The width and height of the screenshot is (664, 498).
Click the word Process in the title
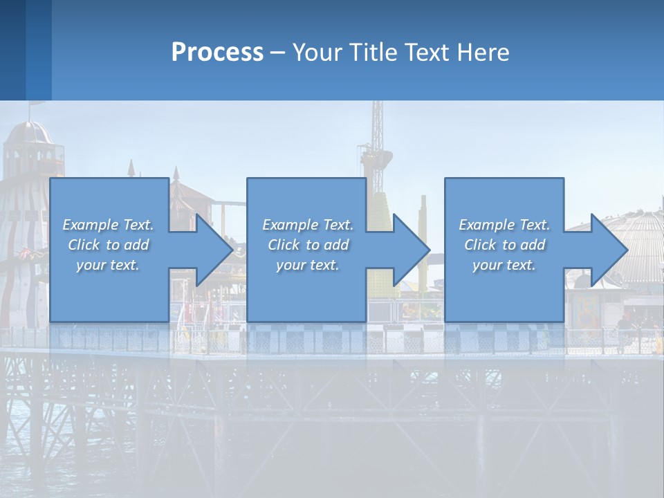(x=217, y=52)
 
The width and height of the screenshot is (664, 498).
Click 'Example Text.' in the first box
(x=109, y=225)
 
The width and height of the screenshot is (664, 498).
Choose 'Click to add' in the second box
(x=308, y=245)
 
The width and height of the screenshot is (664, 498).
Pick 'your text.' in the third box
(x=504, y=265)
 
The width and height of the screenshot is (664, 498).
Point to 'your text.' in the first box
(x=109, y=265)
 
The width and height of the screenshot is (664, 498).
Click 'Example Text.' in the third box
(x=504, y=225)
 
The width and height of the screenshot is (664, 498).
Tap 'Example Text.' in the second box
(x=308, y=225)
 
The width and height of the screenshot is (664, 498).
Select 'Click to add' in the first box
(x=109, y=245)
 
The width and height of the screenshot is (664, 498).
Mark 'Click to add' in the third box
(x=504, y=245)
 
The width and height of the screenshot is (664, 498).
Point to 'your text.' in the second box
(x=308, y=265)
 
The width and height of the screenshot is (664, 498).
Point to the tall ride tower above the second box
(x=378, y=138)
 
